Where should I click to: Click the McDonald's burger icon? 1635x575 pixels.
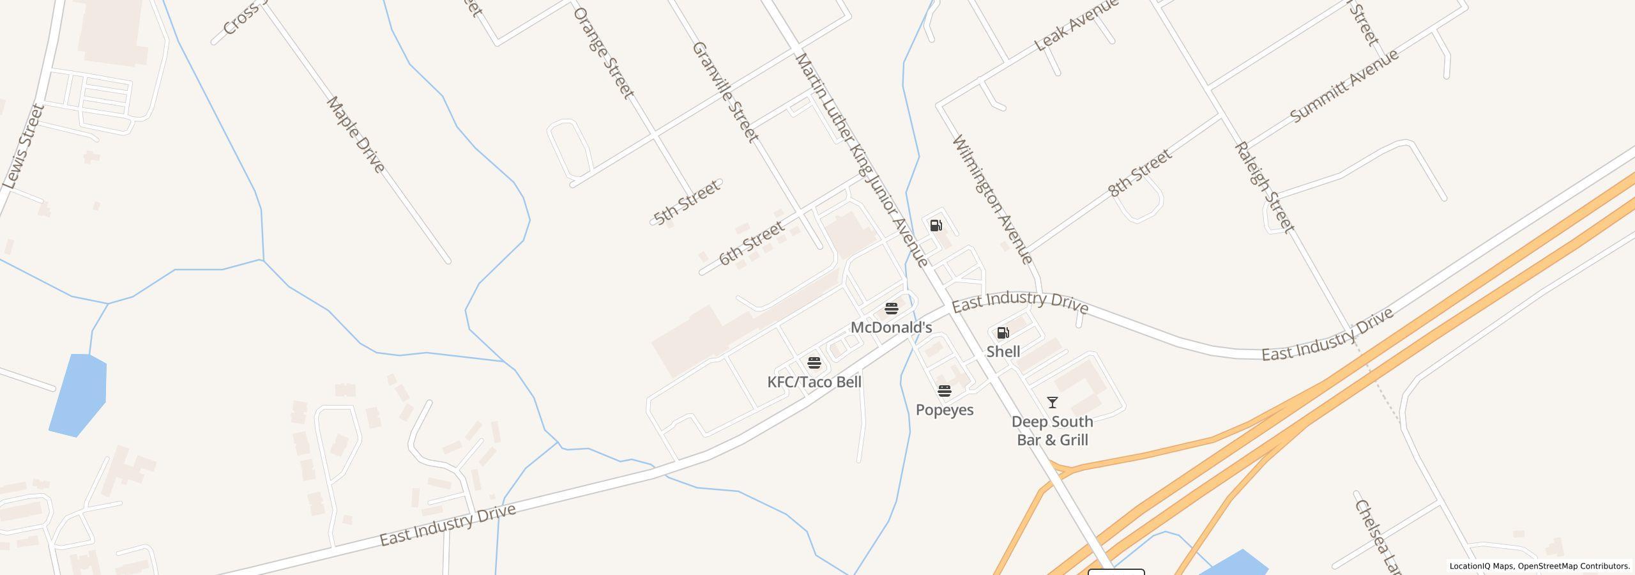click(892, 309)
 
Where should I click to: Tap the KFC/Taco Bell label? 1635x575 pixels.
click(814, 382)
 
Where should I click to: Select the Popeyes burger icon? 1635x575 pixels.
click(944, 391)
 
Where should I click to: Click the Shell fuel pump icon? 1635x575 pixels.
click(1003, 333)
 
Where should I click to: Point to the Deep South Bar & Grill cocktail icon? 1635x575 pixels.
click(1052, 402)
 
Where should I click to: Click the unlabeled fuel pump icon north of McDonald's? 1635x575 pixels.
click(936, 225)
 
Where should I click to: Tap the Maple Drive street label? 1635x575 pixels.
click(356, 135)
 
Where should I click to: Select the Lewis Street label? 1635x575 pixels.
click(23, 147)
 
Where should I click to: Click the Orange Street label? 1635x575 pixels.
click(604, 53)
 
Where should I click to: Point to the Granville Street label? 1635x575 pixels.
click(726, 92)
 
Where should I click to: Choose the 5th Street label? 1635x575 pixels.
click(687, 202)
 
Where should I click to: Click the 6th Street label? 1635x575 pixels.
click(751, 243)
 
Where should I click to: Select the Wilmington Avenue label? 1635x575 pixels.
click(992, 199)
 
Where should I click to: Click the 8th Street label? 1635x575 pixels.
click(1140, 172)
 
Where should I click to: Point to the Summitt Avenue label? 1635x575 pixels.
click(1344, 86)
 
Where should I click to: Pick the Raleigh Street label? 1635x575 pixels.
click(1265, 187)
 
